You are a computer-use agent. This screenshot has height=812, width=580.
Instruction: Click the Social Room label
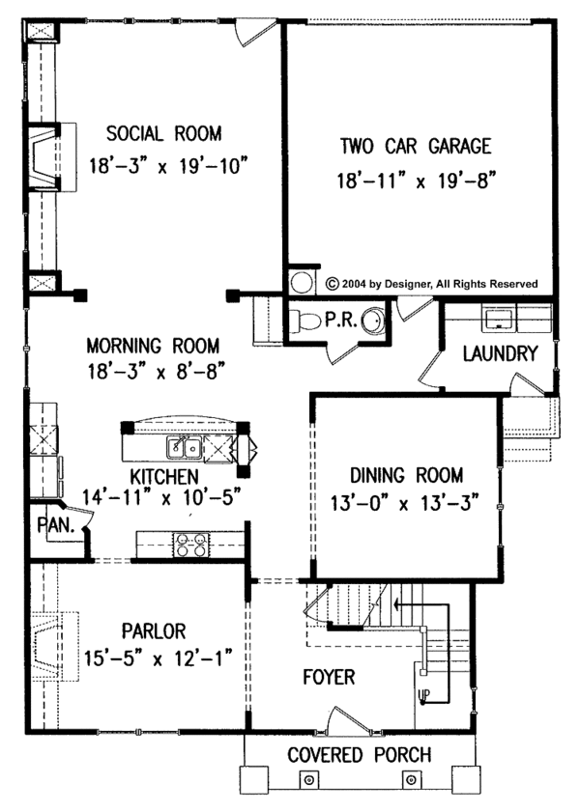[163, 133]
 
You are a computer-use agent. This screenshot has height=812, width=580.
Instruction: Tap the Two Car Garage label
[415, 147]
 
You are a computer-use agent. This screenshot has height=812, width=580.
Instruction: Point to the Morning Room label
[153, 345]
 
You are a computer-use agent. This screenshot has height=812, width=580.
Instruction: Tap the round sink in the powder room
[372, 322]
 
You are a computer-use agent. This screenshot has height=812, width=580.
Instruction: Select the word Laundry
[499, 354]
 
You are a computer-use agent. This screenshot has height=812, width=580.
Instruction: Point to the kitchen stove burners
[189, 546]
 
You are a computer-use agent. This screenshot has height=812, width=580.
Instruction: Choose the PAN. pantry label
[50, 525]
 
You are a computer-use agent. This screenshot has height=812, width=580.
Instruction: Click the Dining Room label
[406, 475]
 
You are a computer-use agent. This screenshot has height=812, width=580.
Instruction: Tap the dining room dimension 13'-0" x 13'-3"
[406, 504]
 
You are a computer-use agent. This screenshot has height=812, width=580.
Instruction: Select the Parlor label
[154, 631]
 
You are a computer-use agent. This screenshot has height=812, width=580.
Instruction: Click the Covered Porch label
[360, 755]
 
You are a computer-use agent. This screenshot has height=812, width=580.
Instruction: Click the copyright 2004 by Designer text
[431, 284]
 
